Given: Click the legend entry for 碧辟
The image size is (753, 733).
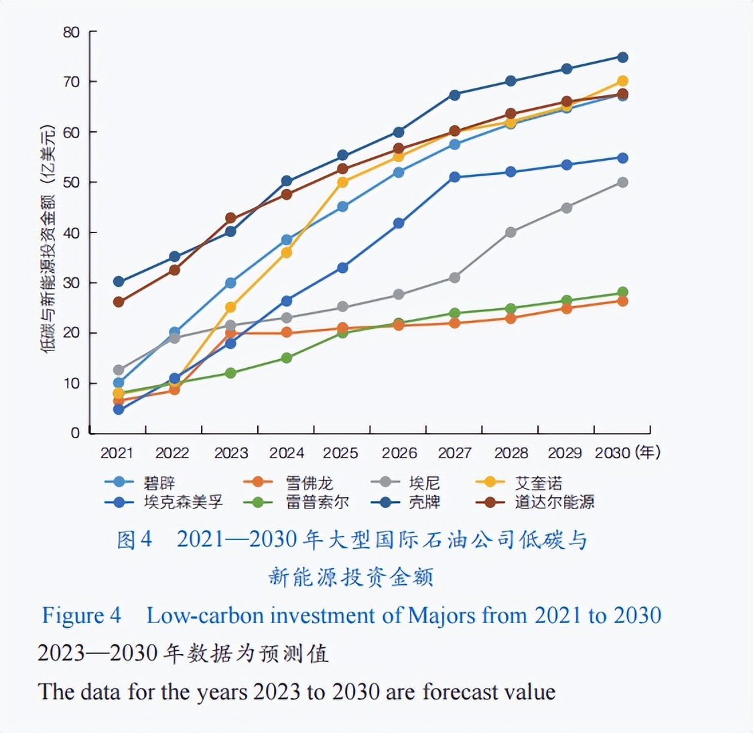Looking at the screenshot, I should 159,483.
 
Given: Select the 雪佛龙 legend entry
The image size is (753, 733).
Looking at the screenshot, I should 309,483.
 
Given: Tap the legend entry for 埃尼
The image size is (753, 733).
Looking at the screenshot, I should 425,483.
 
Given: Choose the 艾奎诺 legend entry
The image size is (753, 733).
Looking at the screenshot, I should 539,483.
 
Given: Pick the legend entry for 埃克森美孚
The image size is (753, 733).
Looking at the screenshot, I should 183,502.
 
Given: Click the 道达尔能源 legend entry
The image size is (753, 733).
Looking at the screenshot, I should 554,502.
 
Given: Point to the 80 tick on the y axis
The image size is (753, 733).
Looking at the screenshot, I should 71,32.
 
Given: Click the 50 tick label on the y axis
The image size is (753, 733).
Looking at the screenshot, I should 71,182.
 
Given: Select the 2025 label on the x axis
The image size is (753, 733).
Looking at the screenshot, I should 340,453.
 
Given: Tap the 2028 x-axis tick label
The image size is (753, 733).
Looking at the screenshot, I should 510,453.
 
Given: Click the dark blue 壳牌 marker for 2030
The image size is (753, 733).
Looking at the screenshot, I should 622,57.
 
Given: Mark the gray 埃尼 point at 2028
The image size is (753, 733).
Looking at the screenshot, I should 510,232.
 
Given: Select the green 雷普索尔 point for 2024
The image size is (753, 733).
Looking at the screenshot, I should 287,358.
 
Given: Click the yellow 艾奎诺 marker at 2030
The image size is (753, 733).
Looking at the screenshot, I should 622,81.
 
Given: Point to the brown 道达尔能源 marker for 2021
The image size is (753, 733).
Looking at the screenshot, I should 119,302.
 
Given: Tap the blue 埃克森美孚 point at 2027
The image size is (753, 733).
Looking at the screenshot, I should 455,177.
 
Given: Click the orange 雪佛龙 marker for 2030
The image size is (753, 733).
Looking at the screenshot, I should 622,301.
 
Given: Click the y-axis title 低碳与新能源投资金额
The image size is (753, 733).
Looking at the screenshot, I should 49,238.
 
